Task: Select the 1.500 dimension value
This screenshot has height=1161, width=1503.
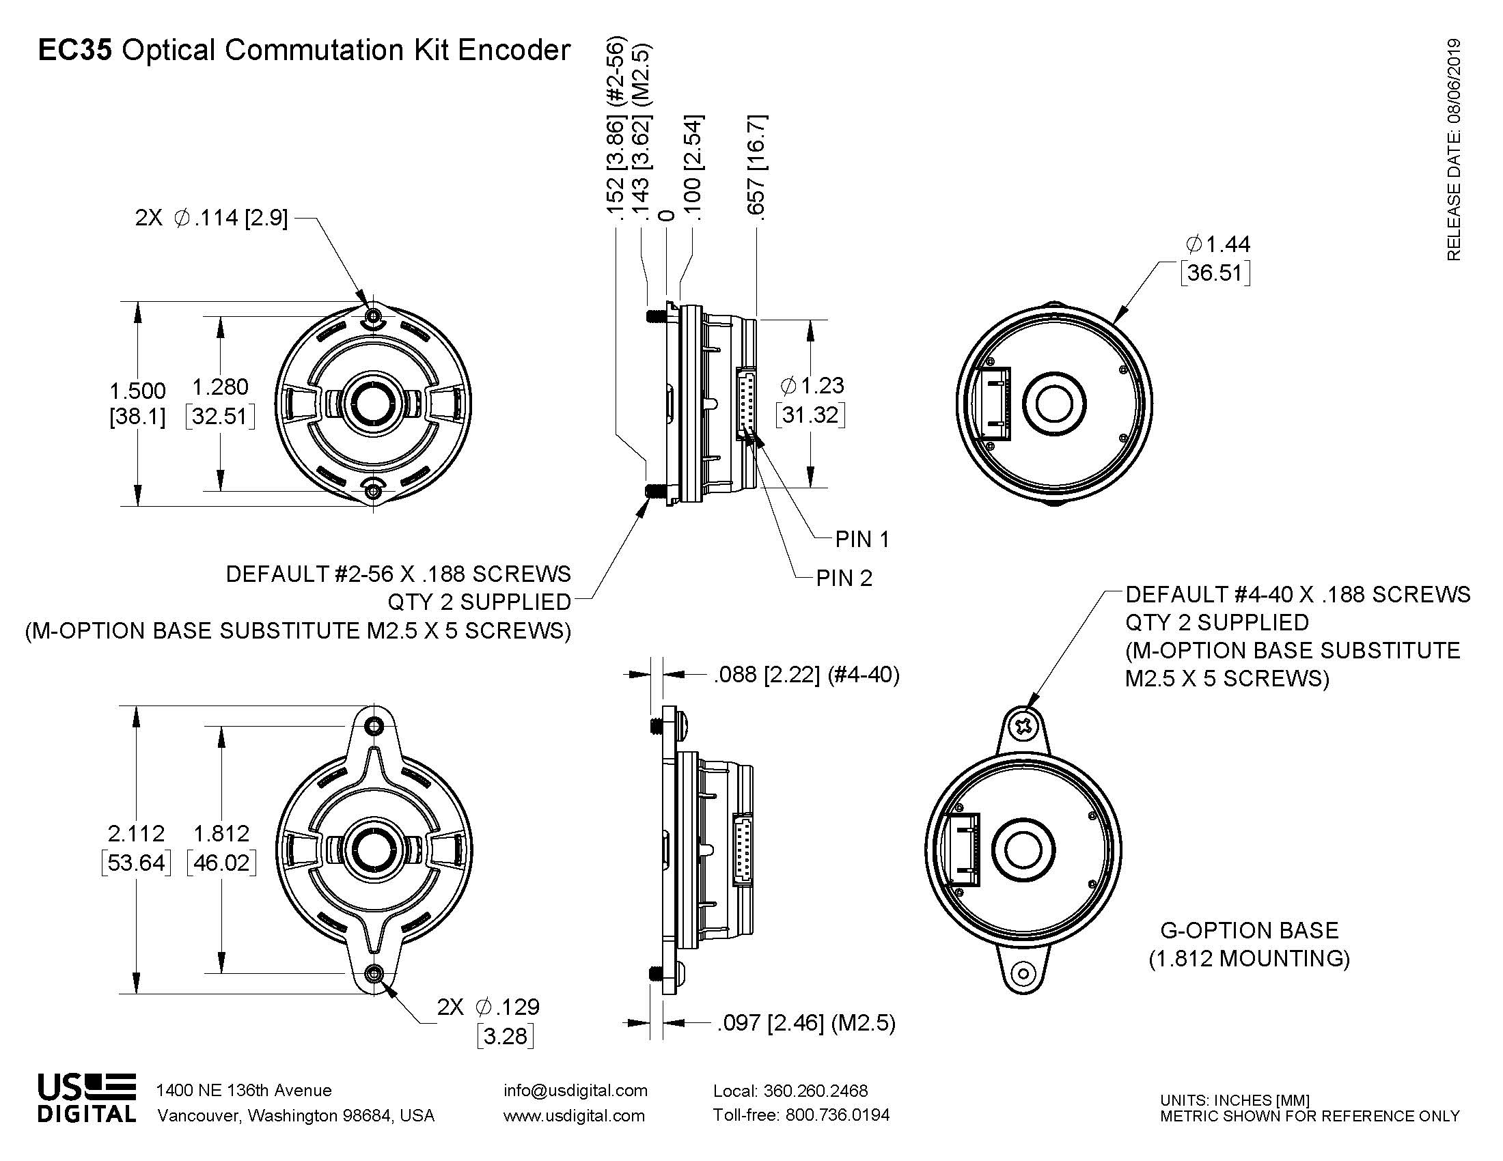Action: [137, 391]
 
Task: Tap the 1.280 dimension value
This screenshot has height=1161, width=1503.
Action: [220, 387]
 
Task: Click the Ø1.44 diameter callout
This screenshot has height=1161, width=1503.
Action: [1218, 244]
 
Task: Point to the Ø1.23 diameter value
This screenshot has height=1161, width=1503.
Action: [812, 386]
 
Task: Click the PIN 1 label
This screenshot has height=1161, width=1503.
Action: [862, 540]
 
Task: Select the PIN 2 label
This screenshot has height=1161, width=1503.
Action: [844, 578]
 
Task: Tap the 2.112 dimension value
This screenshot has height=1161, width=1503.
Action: [136, 834]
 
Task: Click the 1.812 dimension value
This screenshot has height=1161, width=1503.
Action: [221, 834]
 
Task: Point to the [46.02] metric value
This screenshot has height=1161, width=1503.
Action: [221, 863]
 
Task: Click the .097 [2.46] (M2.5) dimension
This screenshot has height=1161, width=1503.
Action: [806, 1024]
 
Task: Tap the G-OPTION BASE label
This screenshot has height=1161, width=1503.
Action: [1249, 931]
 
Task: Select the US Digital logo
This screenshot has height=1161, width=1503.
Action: [87, 1097]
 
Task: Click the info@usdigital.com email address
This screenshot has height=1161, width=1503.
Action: [575, 1090]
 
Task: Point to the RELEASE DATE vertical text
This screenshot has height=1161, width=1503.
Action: [1453, 150]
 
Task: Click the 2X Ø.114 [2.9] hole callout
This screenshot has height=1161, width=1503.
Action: [211, 218]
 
